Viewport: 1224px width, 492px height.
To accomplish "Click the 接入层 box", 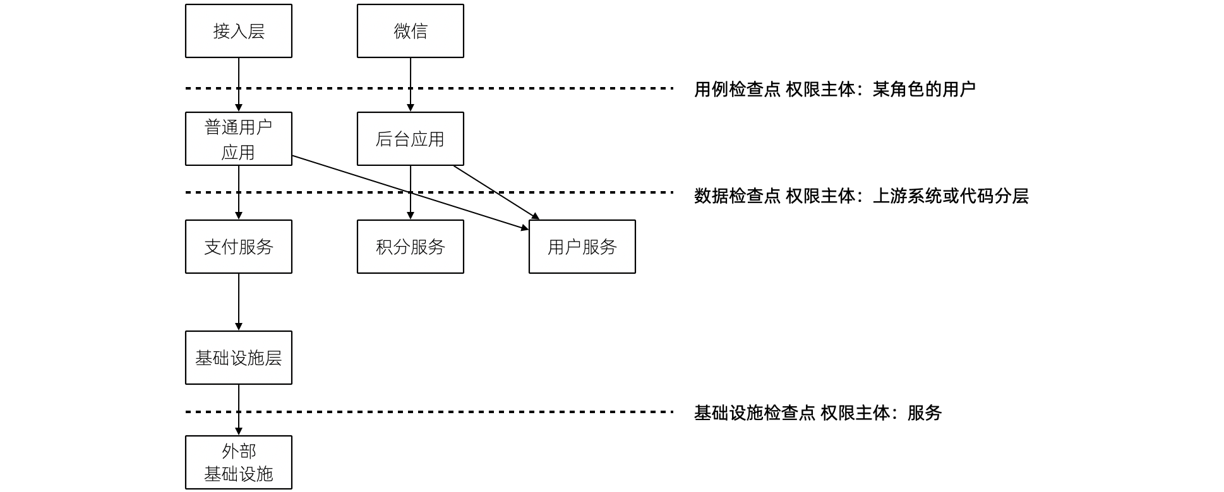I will (x=238, y=31).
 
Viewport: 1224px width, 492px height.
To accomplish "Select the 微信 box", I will (x=410, y=31).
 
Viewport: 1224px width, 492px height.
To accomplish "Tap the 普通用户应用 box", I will (x=238, y=139).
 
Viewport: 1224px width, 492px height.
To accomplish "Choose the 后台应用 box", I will (x=410, y=139).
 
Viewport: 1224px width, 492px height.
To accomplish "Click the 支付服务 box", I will (x=238, y=247).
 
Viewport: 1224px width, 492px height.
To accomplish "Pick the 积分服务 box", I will (x=410, y=247).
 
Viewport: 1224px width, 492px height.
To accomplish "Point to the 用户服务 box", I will (x=582, y=247).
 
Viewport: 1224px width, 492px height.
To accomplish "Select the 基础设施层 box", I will (x=238, y=358).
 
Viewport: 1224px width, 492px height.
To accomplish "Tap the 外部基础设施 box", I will (x=238, y=462).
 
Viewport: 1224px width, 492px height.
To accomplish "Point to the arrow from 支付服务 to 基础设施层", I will (x=239, y=302).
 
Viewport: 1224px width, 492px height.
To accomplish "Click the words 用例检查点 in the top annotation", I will (x=737, y=90).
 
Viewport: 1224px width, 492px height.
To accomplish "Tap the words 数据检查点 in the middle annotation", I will (x=737, y=196).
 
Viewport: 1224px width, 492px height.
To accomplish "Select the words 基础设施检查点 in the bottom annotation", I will (x=754, y=413).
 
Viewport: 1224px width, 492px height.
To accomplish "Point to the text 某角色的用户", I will (x=924, y=90).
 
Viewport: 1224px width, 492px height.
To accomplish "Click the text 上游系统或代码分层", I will (x=951, y=196).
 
